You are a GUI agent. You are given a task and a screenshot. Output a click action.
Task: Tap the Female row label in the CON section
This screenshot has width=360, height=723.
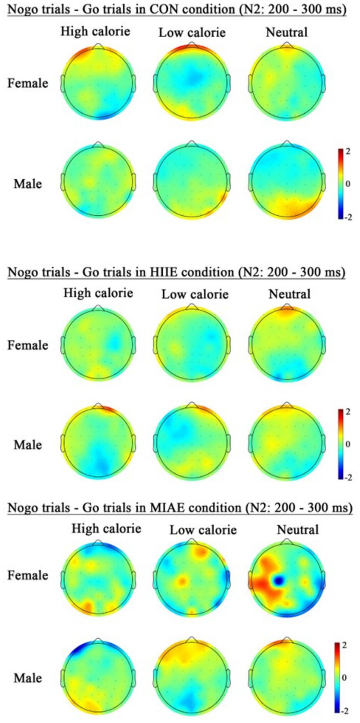pos(28,83)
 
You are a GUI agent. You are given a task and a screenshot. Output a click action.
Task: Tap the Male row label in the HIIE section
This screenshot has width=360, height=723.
pos(28,445)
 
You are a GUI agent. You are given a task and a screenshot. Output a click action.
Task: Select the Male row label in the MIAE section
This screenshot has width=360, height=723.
pos(28,678)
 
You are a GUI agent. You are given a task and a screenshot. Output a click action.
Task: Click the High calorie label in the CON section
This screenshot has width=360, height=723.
pos(95,31)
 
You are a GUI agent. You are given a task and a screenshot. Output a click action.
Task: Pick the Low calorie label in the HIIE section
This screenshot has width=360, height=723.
pos(195,294)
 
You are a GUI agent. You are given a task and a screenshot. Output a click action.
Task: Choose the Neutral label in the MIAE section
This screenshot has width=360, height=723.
pos(298,530)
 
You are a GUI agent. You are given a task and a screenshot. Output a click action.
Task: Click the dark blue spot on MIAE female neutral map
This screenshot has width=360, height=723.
pos(278,580)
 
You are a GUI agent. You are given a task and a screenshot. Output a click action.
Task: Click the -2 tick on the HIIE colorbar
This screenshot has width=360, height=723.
pos(348,478)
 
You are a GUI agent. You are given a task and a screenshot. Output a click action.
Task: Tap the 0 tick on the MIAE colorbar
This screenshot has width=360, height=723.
pos(344,678)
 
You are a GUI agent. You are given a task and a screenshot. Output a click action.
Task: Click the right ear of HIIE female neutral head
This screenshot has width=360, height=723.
pos(324,345)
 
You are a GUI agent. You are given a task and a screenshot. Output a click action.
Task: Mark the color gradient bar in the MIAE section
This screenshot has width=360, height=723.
pos(337,678)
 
